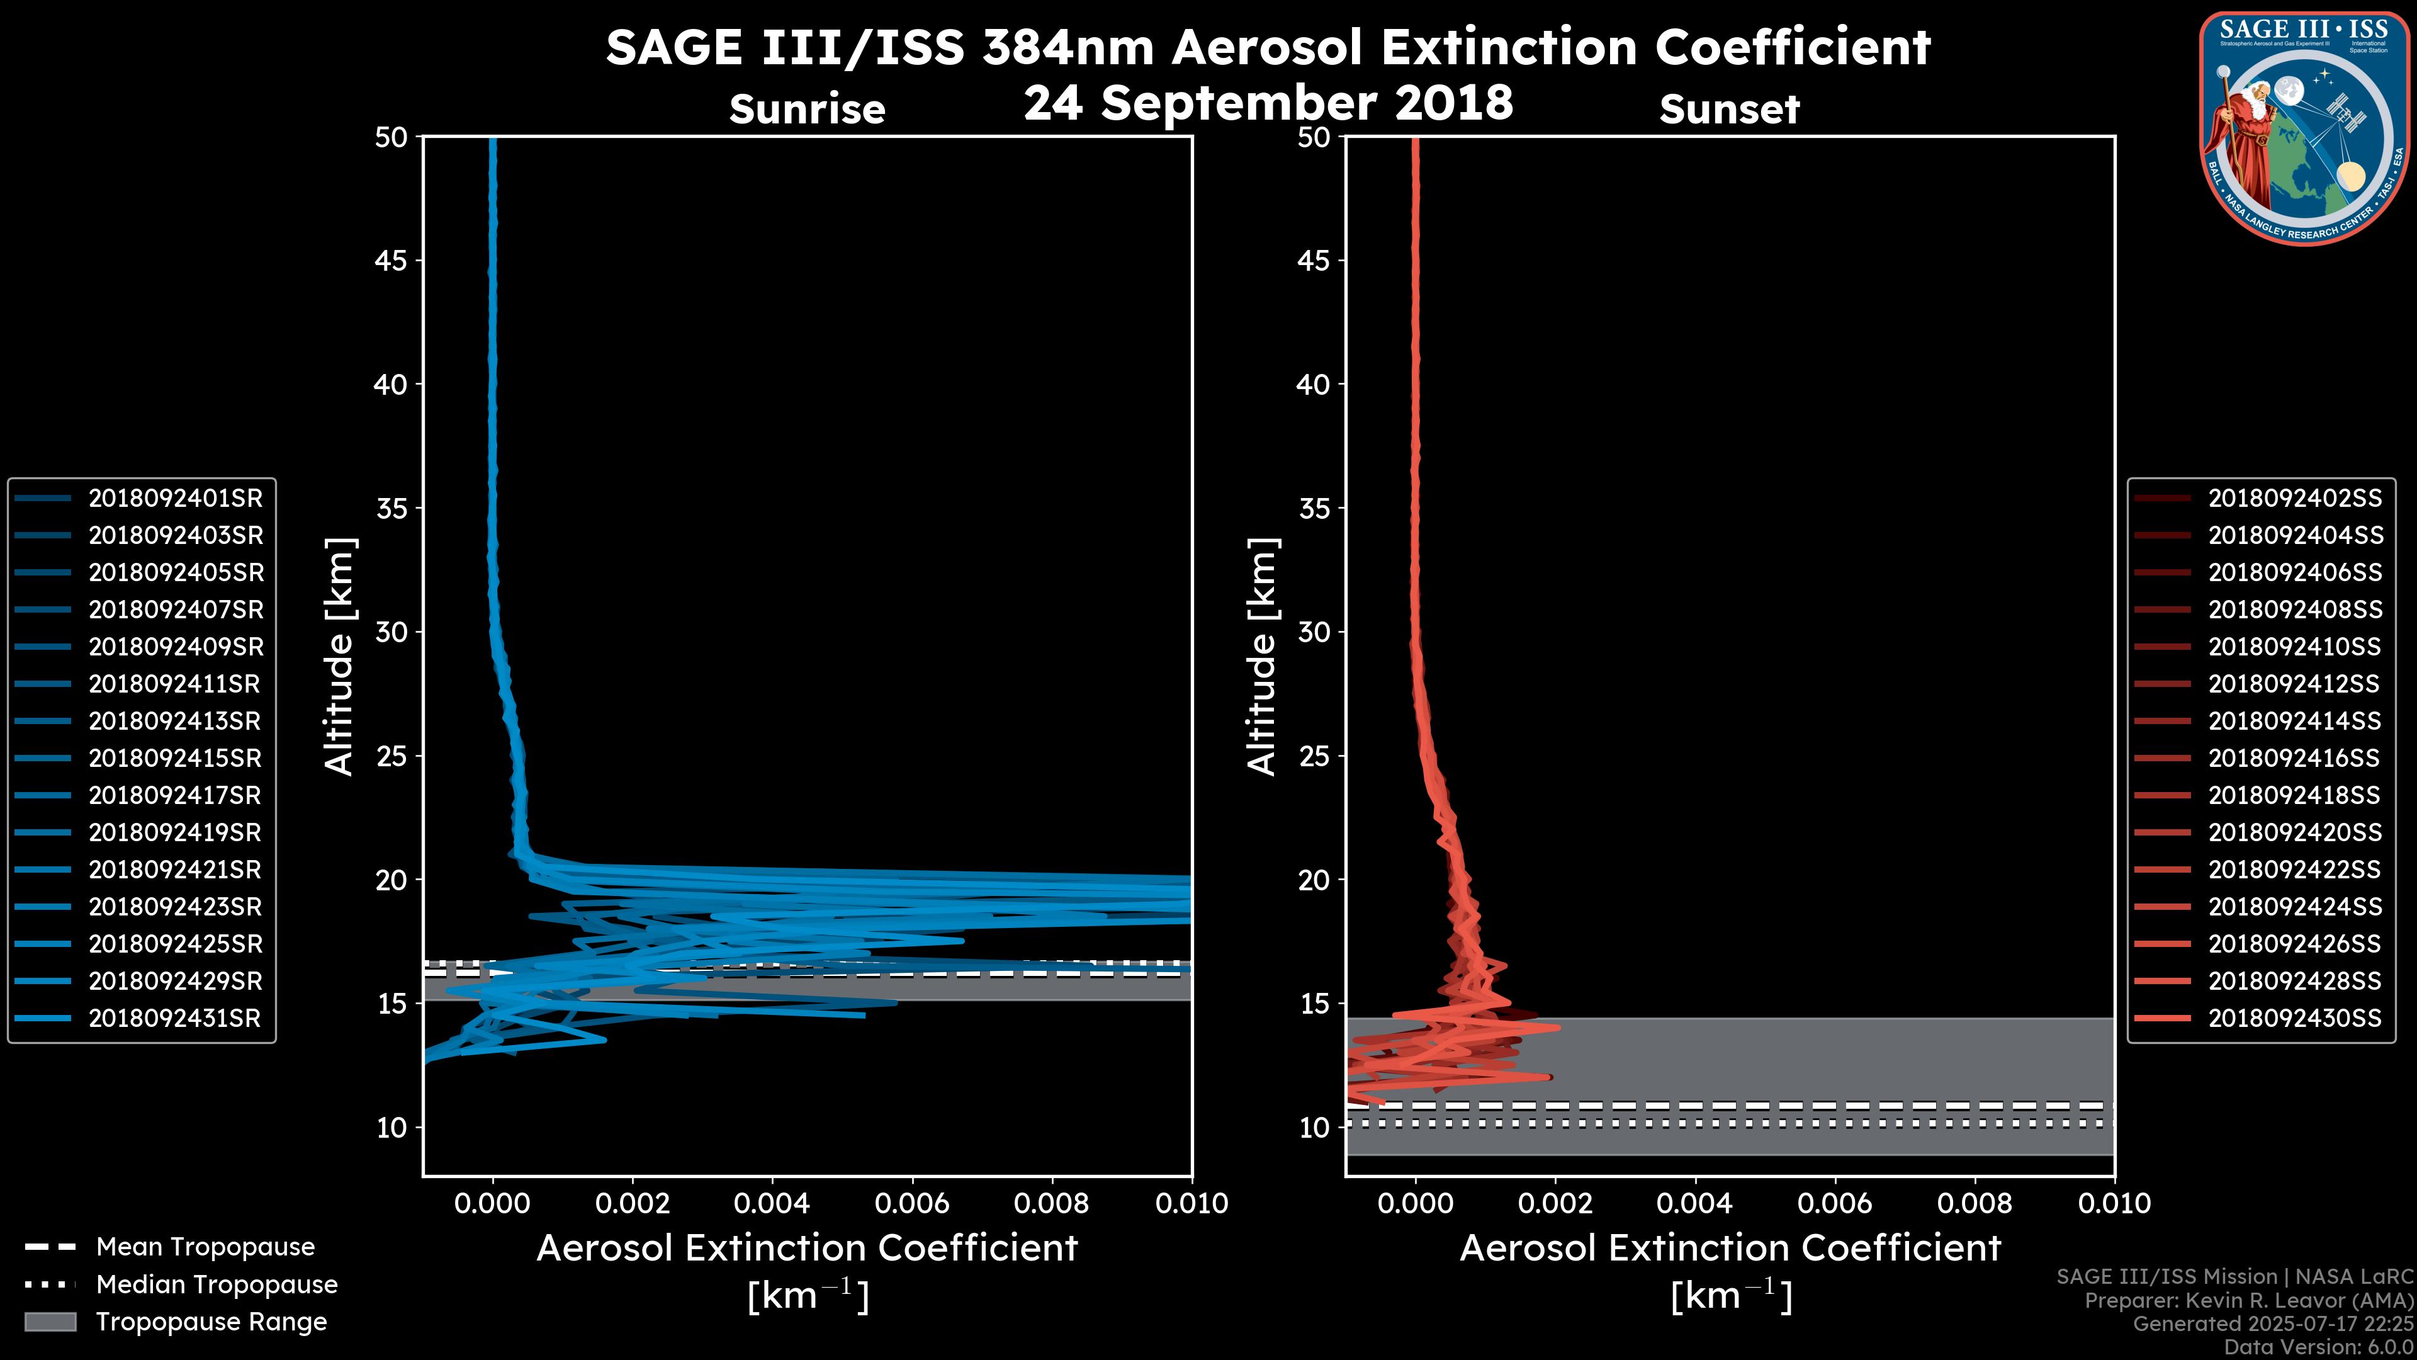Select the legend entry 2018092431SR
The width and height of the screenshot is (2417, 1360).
tap(174, 1018)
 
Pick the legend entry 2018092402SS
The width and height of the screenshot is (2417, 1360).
tap(2294, 499)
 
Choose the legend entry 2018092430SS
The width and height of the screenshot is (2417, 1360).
tap(2294, 1018)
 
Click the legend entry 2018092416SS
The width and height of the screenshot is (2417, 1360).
tap(2294, 758)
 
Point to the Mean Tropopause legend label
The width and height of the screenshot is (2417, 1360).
tap(205, 1247)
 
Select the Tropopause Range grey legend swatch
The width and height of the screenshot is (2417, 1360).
tap(50, 1322)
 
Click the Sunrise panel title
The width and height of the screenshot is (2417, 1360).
tap(807, 110)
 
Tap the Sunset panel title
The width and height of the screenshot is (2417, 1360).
tap(1729, 110)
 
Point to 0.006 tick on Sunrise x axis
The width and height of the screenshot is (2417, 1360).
tap(912, 1203)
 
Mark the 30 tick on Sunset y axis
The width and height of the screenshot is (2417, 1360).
tap(1314, 633)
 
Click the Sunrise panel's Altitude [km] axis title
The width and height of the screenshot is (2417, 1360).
tap(340, 656)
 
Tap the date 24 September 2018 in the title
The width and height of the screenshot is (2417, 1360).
tap(1268, 102)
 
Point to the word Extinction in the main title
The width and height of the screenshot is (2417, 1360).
tap(1460, 47)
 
